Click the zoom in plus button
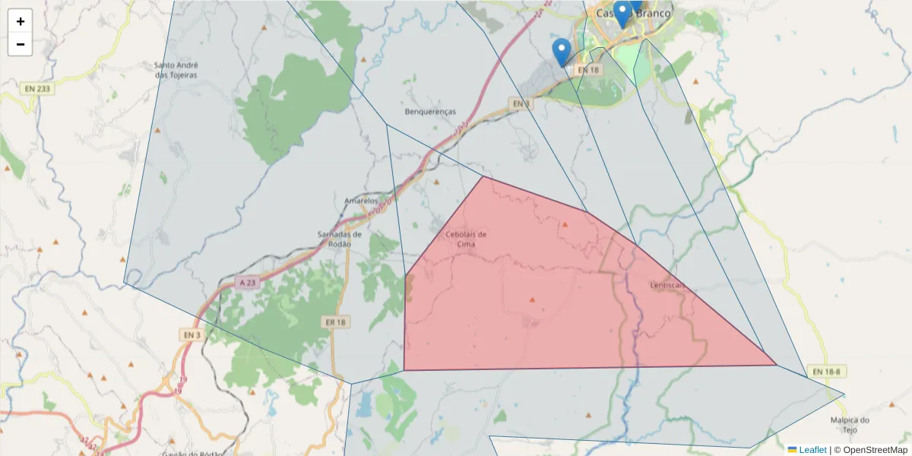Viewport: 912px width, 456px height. click(21, 21)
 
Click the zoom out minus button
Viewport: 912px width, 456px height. click(21, 44)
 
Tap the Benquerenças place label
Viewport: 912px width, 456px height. click(430, 112)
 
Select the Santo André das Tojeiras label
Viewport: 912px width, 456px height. click(176, 70)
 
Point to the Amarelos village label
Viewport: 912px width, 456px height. click(361, 201)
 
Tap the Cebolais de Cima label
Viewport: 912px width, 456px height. click(466, 239)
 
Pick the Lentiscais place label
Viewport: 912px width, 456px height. click(668, 286)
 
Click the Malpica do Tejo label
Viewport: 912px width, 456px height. click(850, 425)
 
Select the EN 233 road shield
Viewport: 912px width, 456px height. click(36, 89)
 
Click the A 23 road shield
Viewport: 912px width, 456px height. click(248, 283)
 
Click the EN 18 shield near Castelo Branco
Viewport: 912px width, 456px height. click(587, 70)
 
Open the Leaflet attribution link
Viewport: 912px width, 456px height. click(812, 450)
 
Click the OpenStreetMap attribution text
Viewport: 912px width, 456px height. click(875, 450)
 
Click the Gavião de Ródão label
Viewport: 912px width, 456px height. click(190, 454)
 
